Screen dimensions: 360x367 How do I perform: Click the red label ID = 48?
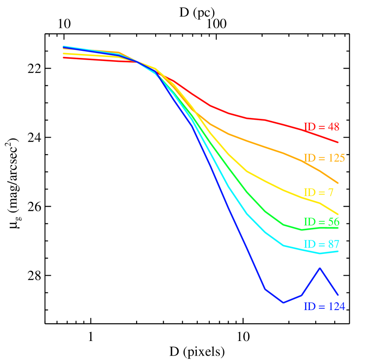321,127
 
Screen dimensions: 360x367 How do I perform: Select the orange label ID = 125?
324,158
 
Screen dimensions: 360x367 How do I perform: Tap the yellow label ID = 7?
318,193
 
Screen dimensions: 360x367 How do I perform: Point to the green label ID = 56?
321,222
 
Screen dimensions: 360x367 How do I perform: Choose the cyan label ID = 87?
321,244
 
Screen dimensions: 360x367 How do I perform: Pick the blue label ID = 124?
324,306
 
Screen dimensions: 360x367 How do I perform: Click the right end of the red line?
338,143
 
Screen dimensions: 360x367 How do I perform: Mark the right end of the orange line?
338,183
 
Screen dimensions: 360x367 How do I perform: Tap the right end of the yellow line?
338,214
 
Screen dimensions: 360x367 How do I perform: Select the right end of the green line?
338,227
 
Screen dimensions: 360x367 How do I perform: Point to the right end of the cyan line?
338,251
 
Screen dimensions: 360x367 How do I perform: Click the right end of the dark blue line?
338,295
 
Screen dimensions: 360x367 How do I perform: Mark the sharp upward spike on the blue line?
320,268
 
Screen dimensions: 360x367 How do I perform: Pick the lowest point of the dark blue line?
283,303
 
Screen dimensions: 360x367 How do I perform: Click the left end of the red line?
64,57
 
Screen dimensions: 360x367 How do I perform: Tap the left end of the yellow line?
64,53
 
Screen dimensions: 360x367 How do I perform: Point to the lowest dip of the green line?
302,230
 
